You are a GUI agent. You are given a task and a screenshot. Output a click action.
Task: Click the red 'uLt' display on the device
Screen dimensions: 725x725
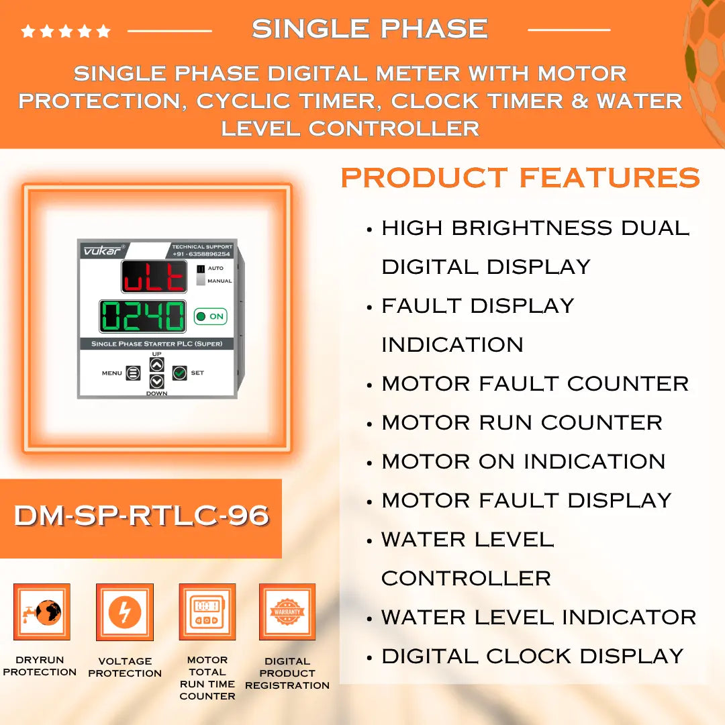point(154,277)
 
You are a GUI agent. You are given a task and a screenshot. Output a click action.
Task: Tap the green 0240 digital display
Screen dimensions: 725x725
point(142,316)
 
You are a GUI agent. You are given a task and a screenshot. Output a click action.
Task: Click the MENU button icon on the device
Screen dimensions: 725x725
point(133,373)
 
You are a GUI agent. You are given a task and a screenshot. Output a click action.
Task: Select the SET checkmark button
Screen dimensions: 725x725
point(179,373)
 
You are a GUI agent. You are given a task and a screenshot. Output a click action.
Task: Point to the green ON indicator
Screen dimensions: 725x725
point(210,316)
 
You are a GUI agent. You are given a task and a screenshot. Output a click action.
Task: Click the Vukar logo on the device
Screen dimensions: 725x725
point(99,250)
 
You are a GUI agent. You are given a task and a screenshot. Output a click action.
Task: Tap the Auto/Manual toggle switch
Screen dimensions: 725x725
point(201,275)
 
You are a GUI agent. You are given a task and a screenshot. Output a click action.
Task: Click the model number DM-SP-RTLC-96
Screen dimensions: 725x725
point(141,516)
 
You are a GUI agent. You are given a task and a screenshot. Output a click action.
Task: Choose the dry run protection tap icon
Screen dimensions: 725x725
point(42,612)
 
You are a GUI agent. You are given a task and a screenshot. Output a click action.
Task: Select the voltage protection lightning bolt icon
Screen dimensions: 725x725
point(125,612)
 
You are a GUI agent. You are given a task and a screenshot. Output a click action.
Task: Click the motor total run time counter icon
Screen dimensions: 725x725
point(207,612)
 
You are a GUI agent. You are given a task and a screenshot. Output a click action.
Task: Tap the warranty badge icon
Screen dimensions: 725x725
point(287,612)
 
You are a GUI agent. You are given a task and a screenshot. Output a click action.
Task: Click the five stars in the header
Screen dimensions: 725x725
point(66,31)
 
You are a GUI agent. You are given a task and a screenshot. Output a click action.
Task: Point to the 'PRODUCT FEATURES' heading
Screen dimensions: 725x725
point(520,178)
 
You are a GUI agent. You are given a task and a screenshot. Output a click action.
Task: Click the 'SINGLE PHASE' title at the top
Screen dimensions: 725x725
point(369,29)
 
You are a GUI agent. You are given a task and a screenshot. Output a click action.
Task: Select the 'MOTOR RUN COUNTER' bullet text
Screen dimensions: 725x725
point(522,423)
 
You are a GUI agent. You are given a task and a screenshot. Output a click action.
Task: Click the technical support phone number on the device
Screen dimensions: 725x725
point(202,254)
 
